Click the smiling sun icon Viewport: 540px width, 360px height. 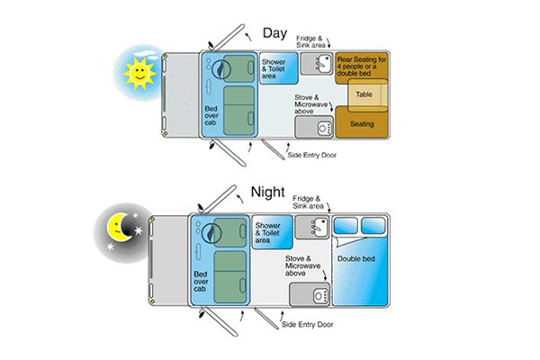point(139,72)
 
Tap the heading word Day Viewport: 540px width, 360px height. point(274,33)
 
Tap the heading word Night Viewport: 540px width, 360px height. point(269,191)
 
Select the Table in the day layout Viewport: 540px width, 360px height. point(364,94)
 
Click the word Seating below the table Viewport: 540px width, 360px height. point(362,123)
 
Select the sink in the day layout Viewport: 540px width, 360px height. point(318,63)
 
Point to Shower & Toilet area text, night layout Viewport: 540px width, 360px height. point(268,231)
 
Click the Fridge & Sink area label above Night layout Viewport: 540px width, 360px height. point(311,202)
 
